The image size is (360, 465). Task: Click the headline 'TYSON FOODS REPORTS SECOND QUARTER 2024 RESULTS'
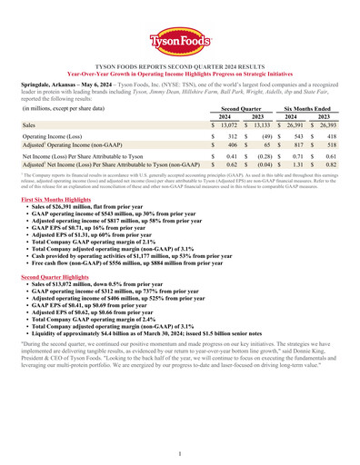[x=180, y=66]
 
